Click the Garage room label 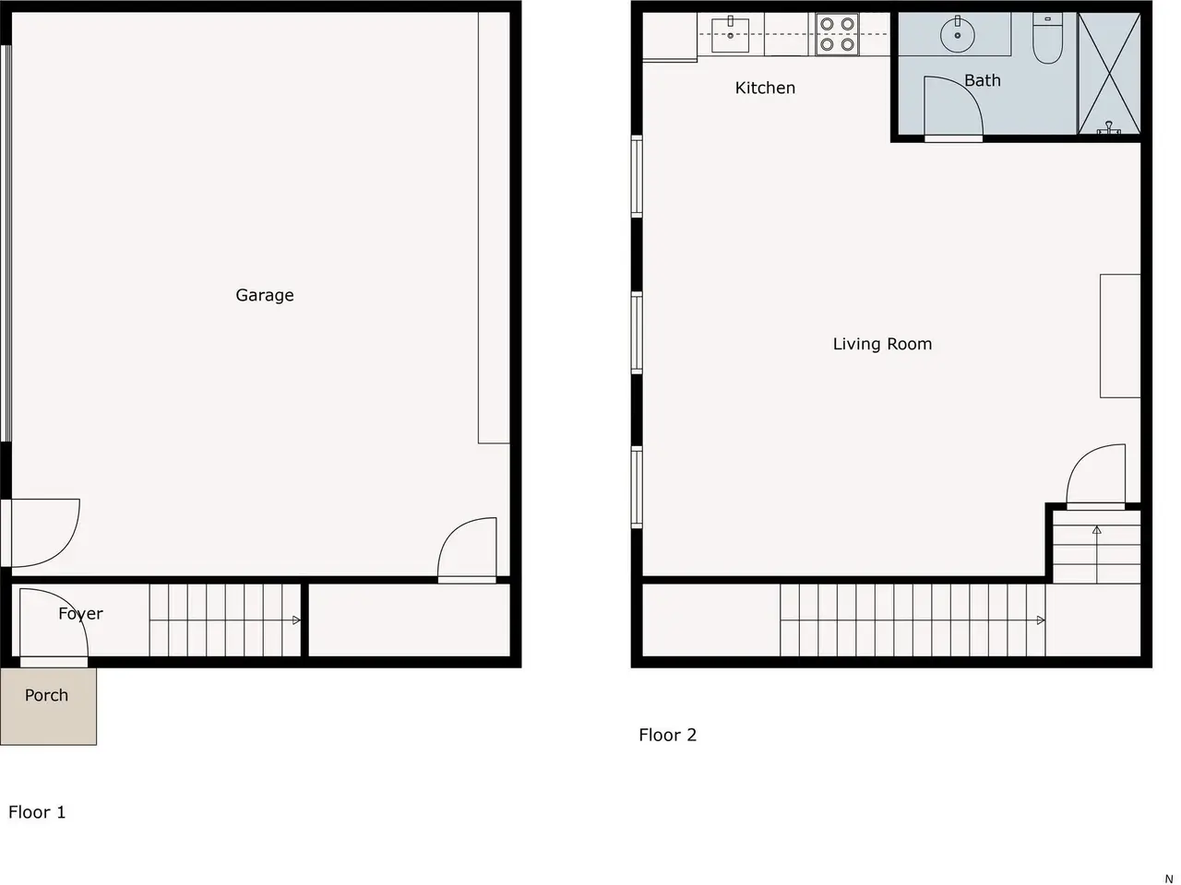265,296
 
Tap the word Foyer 80,614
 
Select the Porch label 47,695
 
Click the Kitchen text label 765,88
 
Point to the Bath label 983,80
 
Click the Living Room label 882,344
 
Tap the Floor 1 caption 37,812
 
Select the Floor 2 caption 668,735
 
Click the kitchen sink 730,35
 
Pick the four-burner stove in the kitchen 837,34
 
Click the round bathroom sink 958,35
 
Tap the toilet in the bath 1047,39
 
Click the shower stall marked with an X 1109,74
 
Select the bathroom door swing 953,109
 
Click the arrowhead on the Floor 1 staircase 296,620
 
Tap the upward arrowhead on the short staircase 1096,530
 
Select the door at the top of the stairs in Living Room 1096,477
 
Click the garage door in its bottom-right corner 467,550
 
